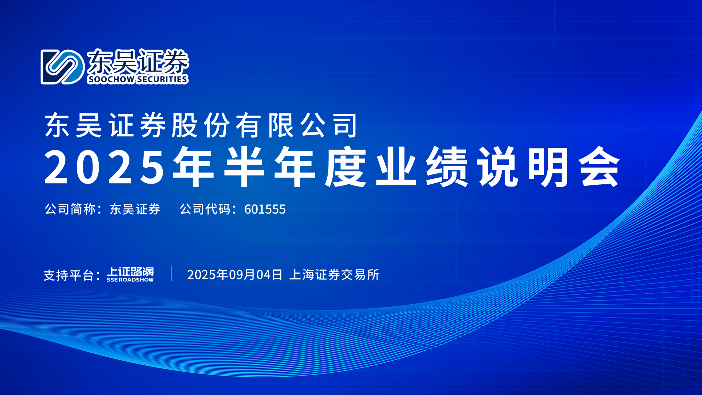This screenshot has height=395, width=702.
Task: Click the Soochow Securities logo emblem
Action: [63, 67]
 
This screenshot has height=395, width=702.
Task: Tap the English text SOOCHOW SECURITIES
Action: [138, 79]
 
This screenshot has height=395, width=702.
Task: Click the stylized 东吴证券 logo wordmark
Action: [138, 61]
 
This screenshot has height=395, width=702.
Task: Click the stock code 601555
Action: [265, 209]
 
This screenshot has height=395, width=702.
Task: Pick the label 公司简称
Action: [70, 209]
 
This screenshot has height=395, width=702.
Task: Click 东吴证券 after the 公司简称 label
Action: [135, 209]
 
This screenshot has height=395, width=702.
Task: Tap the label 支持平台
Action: [69, 275]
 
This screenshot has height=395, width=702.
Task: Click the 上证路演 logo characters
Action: [130, 272]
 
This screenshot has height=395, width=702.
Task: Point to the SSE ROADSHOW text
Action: [130, 280]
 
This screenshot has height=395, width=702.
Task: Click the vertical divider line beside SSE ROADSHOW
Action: [171, 274]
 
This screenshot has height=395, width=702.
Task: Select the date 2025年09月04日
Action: [235, 275]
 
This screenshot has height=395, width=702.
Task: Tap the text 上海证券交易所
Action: [334, 275]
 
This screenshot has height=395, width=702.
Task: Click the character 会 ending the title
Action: [600, 167]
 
